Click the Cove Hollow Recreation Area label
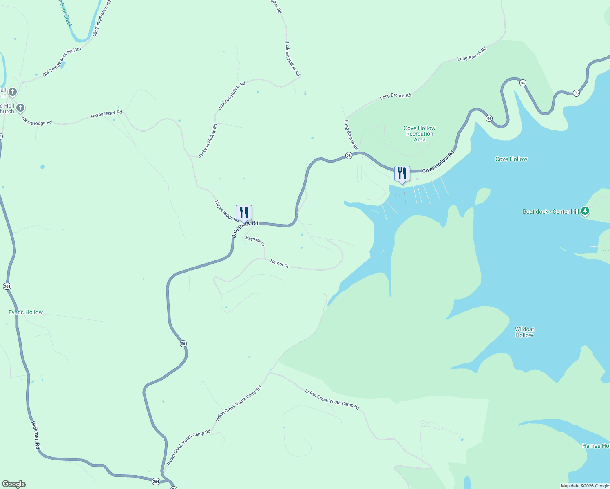(420, 134)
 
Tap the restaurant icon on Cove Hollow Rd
(402, 174)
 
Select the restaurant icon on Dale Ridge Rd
(244, 213)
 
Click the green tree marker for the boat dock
(585, 211)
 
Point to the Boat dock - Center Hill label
(550, 211)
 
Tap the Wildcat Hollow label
(524, 332)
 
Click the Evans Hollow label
(26, 313)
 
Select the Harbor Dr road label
(279, 264)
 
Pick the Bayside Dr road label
(255, 241)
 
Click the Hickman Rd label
(35, 435)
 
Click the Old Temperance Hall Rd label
(62, 62)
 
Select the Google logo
(13, 484)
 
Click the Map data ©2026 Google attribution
(585, 486)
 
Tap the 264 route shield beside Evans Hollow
(7, 286)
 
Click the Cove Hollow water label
(511, 159)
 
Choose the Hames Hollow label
(596, 446)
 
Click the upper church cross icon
(13, 92)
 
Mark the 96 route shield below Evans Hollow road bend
(183, 344)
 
